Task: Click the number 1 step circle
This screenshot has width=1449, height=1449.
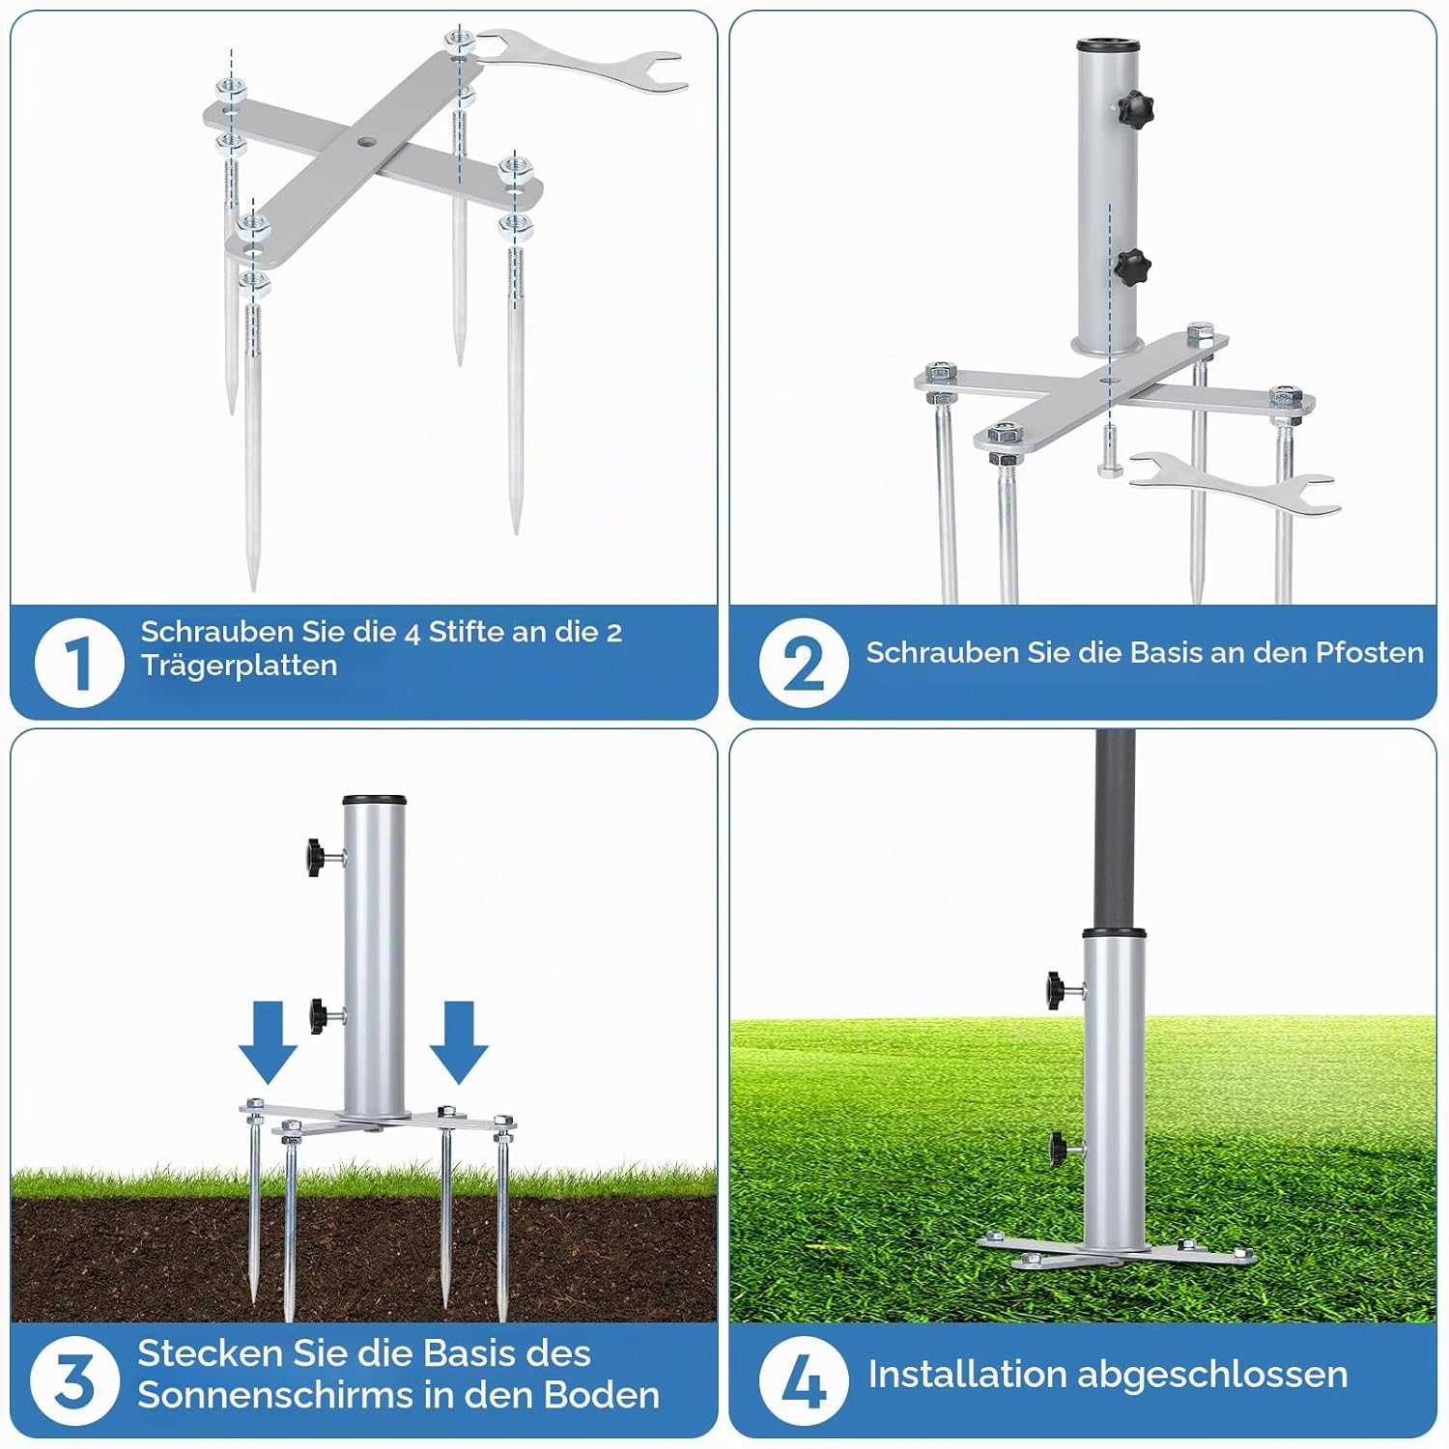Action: [x=79, y=663]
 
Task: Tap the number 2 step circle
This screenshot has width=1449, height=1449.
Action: [x=804, y=663]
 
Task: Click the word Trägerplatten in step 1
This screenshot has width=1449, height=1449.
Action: [x=239, y=667]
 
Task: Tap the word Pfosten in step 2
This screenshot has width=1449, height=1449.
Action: [x=1370, y=652]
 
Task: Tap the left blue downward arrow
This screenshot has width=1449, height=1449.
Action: [x=268, y=1041]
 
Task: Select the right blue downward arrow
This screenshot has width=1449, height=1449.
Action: [x=459, y=1041]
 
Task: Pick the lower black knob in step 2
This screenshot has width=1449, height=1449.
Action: [x=1133, y=263]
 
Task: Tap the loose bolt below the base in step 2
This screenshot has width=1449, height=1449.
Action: [x=1108, y=456]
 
